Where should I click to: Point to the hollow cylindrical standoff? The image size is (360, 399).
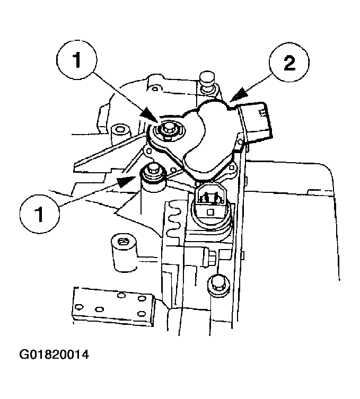click(x=122, y=247)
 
